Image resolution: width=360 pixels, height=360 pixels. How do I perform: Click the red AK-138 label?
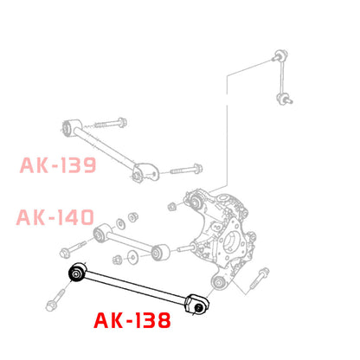(132, 322)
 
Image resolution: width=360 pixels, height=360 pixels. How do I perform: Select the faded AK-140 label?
(54, 217)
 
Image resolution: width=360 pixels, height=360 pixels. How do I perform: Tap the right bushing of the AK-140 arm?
(158, 253)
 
